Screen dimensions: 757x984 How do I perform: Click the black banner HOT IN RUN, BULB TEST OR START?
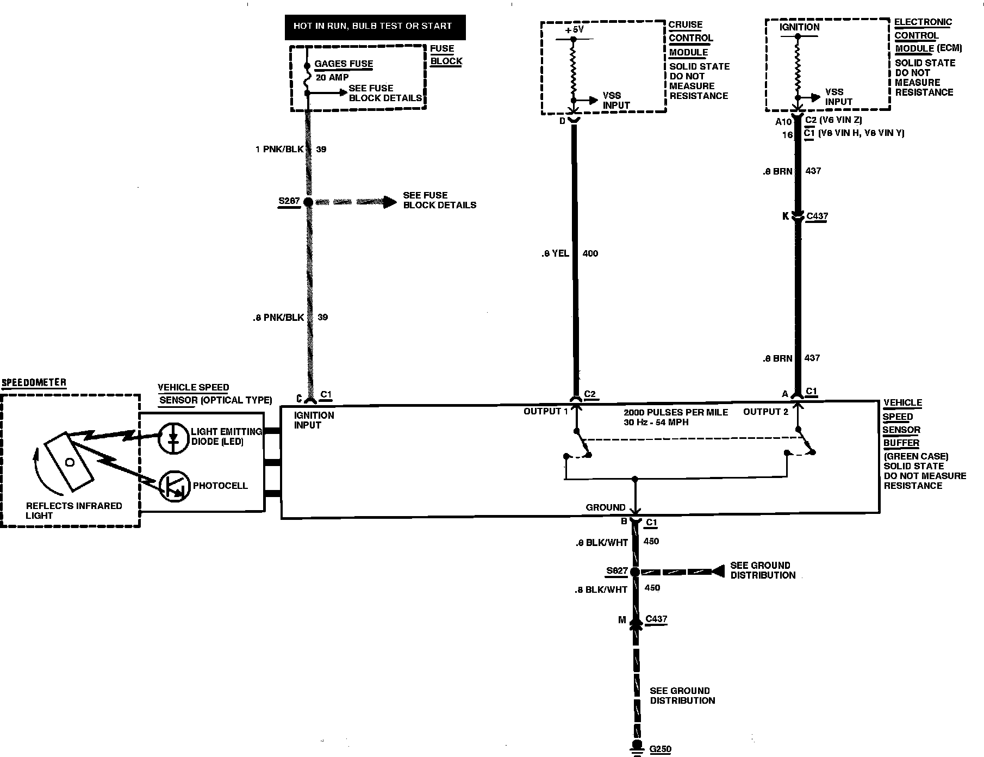coord(375,27)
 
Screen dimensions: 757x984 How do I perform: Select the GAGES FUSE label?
coord(344,64)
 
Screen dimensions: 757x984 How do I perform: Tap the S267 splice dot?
coord(308,202)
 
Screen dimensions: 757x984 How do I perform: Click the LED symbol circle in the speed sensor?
coord(173,438)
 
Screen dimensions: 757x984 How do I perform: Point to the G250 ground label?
coord(661,749)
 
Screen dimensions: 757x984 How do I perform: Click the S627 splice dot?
coord(634,572)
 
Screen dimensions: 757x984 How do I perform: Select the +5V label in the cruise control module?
coord(574,30)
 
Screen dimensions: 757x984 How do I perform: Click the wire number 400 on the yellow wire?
coord(590,253)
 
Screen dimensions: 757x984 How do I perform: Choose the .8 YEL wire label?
coord(555,253)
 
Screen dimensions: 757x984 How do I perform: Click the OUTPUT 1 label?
coord(545,411)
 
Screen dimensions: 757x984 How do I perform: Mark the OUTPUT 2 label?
coord(765,412)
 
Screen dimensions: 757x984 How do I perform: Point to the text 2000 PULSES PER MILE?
coord(676,412)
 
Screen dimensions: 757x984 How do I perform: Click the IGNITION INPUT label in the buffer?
coord(314,420)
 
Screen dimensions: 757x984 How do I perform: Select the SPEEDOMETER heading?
coord(34,382)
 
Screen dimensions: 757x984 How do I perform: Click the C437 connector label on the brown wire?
coord(817,216)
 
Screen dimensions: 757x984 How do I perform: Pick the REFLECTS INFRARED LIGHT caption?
coord(74,510)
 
